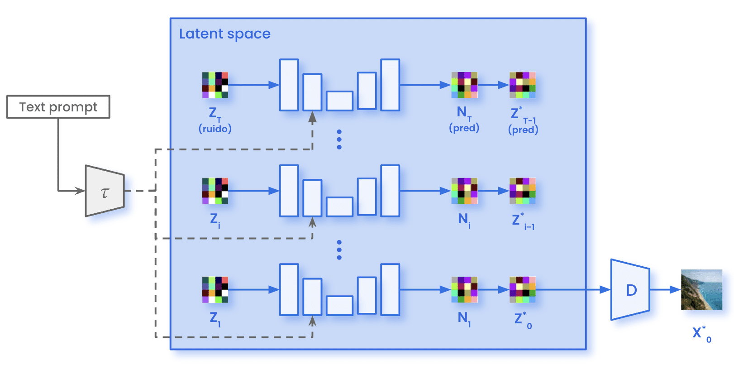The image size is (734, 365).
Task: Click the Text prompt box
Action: (58, 107)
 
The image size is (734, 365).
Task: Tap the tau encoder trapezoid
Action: (105, 191)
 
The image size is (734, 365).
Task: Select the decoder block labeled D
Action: (630, 290)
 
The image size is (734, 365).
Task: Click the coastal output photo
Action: (701, 290)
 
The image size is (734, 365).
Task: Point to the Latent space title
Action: (224, 34)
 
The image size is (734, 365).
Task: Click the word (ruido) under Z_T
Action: (215, 129)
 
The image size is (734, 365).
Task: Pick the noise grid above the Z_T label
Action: (215, 85)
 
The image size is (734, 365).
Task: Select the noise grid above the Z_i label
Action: (215, 191)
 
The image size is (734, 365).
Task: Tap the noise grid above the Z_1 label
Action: (215, 290)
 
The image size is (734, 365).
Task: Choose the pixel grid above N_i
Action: (464, 191)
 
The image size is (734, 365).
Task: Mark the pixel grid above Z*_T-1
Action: (522, 85)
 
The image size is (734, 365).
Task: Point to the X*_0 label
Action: (701, 334)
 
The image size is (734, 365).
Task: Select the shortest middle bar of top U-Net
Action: (339, 101)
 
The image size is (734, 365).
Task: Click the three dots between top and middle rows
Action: (339, 139)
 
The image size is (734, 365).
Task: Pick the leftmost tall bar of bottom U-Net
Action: (289, 290)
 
